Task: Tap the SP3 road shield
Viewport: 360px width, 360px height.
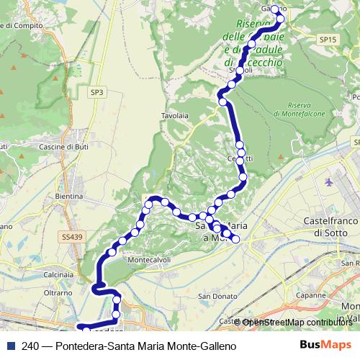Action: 97,92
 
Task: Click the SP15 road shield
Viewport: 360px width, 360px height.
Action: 328,40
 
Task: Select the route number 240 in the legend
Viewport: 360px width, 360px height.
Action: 30,346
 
